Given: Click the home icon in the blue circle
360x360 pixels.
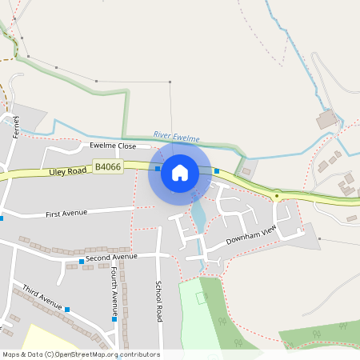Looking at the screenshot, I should (180, 172).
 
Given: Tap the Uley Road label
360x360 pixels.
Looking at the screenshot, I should (67, 171).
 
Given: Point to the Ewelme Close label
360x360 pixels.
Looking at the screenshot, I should (113, 146).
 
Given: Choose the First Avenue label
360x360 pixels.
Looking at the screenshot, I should (66, 214).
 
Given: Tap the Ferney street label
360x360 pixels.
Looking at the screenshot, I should (16, 126).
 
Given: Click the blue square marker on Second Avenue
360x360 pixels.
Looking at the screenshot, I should (82, 262).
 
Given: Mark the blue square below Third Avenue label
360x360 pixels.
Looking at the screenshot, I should (67, 310).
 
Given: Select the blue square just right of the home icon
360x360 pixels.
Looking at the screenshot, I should (217, 170).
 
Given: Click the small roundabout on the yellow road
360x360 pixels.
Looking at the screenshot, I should (277, 195).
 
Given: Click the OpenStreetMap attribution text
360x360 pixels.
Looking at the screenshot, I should (81, 354).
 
